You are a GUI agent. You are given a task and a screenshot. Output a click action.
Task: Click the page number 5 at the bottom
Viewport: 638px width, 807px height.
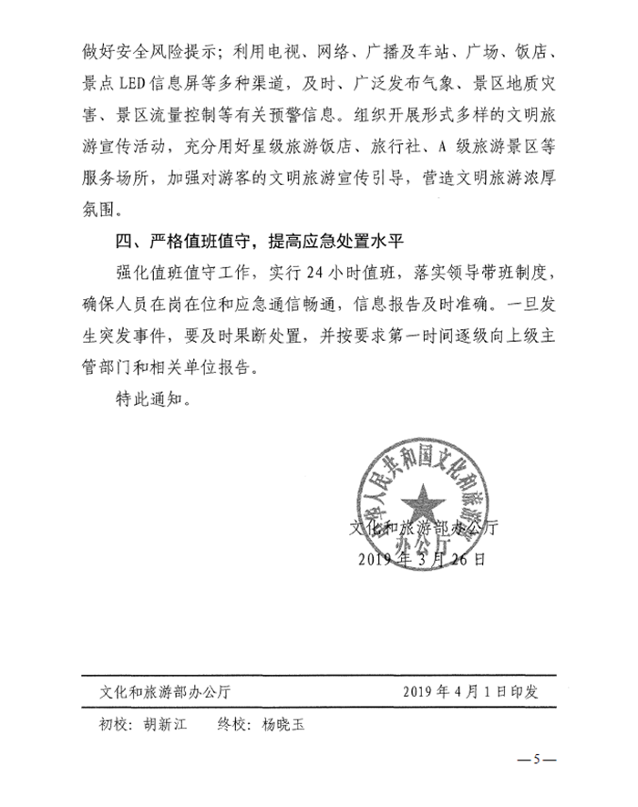click(537, 759)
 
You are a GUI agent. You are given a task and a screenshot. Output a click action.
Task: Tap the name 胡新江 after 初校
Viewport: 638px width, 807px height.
click(164, 726)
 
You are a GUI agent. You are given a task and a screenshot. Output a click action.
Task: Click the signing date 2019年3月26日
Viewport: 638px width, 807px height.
click(421, 557)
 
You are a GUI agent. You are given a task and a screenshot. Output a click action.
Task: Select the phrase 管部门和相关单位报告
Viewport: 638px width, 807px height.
click(173, 368)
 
